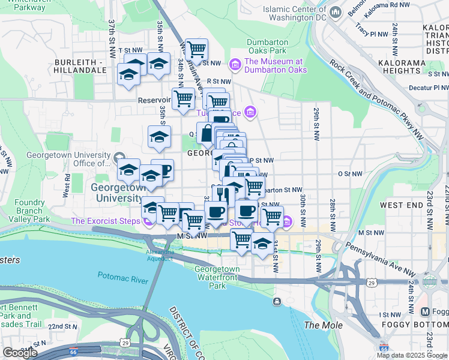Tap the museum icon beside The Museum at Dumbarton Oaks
click(x=235, y=63)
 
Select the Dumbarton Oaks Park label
click(x=268, y=47)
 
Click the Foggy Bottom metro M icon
click(x=426, y=312)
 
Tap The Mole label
click(x=324, y=325)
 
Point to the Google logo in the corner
click(x=20, y=353)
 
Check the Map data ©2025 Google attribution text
click(x=412, y=355)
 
